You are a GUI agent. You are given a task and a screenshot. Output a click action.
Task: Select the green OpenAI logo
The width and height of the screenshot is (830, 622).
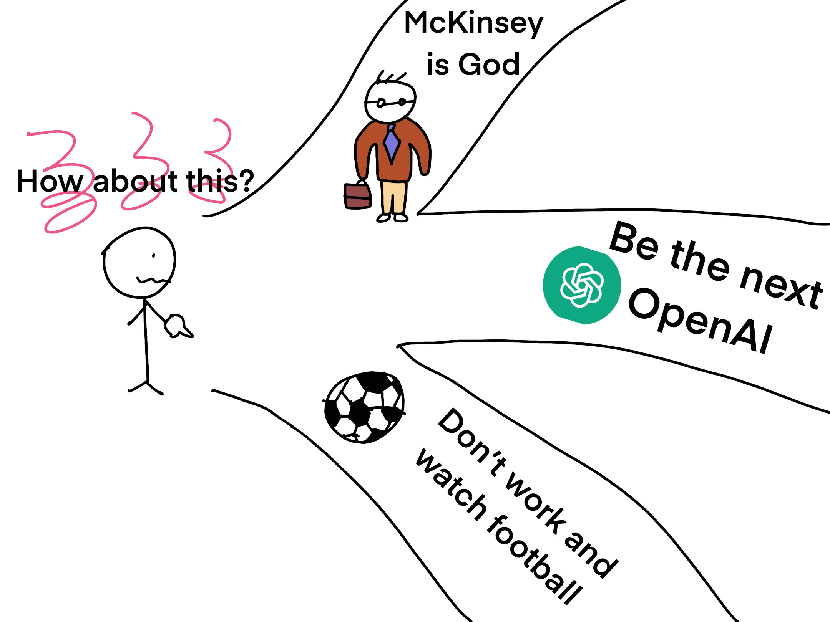point(582,285)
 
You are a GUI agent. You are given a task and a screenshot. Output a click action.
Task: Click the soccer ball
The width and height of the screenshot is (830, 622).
point(364,407)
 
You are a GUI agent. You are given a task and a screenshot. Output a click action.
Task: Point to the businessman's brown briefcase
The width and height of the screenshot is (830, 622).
point(358,196)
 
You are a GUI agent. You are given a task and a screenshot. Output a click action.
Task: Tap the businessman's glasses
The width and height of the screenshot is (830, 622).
point(390,103)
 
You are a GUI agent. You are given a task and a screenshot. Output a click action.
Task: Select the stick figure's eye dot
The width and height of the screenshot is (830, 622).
point(154,255)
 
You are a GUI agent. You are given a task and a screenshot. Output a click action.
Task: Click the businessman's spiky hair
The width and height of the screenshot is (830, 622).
point(390,78)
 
